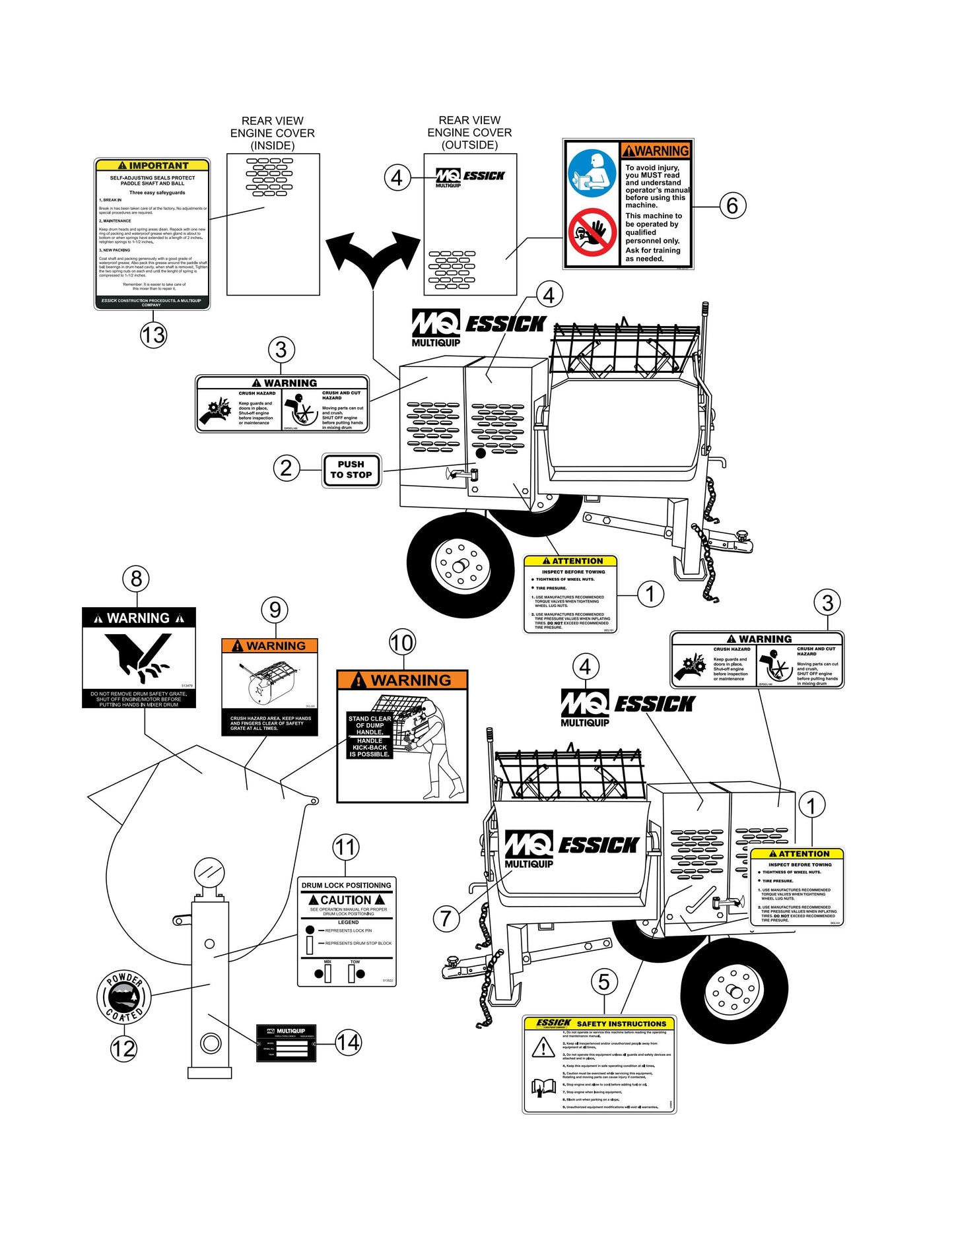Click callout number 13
(x=153, y=335)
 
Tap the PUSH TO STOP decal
(x=351, y=470)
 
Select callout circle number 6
(x=732, y=205)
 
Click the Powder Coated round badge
(x=124, y=997)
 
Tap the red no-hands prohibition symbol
(x=592, y=233)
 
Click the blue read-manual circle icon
(x=592, y=174)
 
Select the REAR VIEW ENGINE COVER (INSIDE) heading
(x=273, y=133)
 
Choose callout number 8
(x=136, y=579)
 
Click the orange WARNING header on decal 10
(x=402, y=680)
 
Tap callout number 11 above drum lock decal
(x=346, y=847)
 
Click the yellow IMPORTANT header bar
(x=153, y=166)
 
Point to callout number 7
(x=446, y=917)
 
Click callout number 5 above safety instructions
(x=604, y=981)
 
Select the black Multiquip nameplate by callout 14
(x=287, y=1042)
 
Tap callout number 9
(x=275, y=609)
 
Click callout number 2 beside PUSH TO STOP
(x=286, y=468)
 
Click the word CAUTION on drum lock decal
(x=346, y=899)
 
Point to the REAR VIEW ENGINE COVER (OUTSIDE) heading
(x=469, y=132)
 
